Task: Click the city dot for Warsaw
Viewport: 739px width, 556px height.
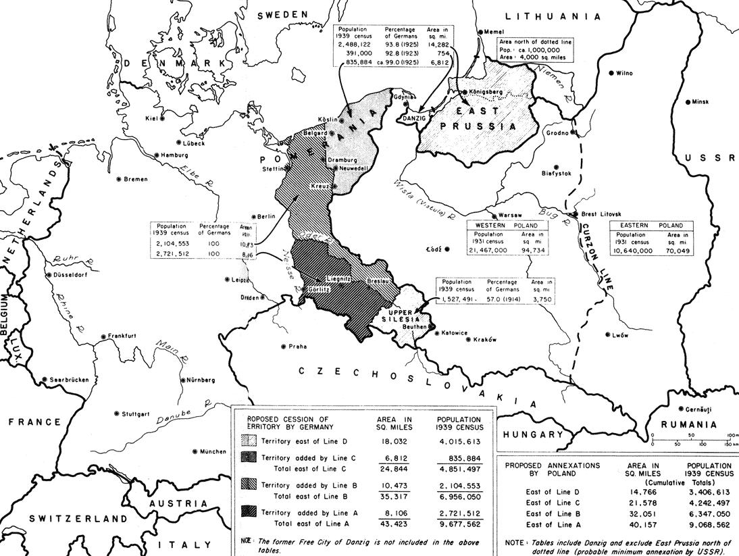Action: click(x=492, y=214)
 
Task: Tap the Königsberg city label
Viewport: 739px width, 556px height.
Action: click(x=487, y=92)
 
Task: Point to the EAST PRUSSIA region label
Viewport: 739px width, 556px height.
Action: click(x=478, y=118)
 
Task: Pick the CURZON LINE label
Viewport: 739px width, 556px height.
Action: click(x=598, y=257)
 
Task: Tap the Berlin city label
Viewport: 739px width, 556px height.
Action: click(x=266, y=216)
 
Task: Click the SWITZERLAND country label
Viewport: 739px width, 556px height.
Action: click(x=78, y=519)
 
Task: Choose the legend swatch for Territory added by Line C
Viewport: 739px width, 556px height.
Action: click(x=250, y=458)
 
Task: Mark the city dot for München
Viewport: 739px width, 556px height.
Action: click(x=195, y=451)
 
